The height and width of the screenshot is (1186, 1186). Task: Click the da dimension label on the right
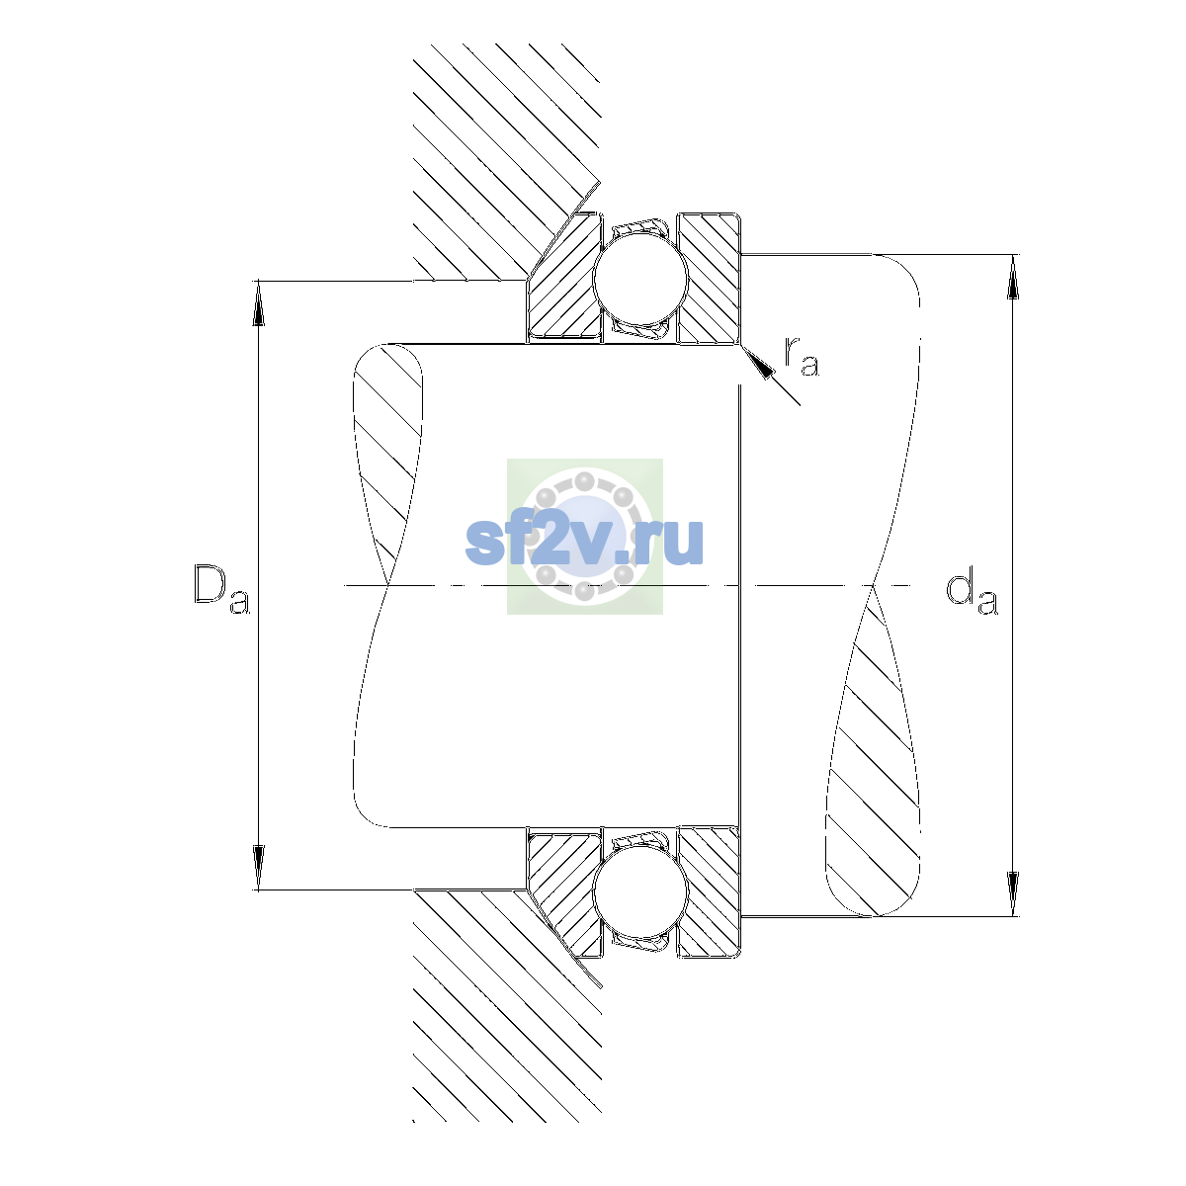972,594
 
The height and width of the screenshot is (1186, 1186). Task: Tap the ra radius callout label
802,357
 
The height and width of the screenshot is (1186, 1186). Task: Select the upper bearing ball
640,279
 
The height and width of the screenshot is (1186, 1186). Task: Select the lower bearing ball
640,893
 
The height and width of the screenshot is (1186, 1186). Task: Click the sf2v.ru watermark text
584,542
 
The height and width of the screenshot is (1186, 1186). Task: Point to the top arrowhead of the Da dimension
259,302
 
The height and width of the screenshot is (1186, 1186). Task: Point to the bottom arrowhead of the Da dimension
259,868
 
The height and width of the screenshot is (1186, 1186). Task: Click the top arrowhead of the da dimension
1012,277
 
